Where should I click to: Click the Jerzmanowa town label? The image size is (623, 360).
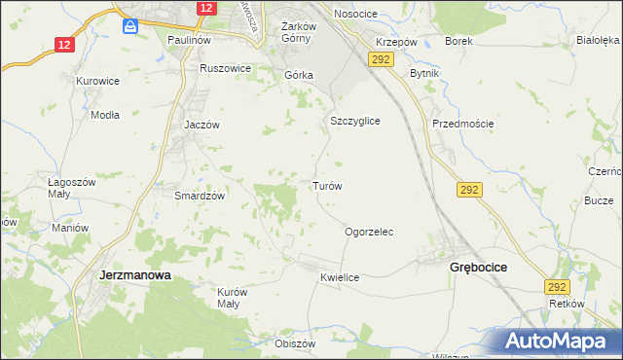tap(135, 275)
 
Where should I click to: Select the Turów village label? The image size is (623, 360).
tap(325, 185)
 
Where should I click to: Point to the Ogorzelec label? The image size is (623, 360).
tap(369, 233)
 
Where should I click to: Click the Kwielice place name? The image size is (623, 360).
tap(340, 278)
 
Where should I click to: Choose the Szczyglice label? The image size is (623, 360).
tap(354, 122)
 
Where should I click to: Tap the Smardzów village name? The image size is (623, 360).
tap(200, 196)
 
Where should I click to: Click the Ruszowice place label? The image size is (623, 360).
tap(225, 69)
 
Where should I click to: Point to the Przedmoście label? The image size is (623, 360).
tap(463, 124)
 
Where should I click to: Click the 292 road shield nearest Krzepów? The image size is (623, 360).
tap(381, 60)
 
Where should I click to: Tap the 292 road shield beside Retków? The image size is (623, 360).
tap(557, 287)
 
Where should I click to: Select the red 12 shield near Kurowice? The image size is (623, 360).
tap(64, 45)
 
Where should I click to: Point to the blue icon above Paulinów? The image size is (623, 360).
tap(129, 27)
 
